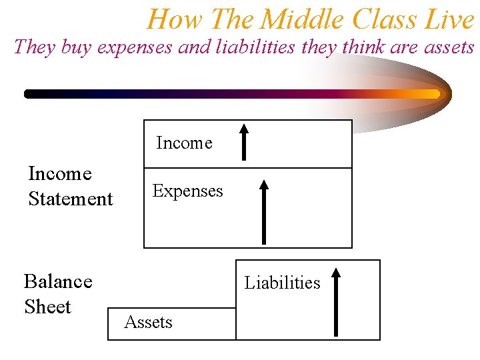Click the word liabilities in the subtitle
point(252,47)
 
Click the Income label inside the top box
point(184,143)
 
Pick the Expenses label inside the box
point(187,191)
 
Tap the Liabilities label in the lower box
point(282,283)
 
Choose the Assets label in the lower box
point(148,323)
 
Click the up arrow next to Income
point(245,141)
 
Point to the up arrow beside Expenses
point(264,211)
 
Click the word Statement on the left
point(71,199)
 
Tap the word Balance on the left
point(58,281)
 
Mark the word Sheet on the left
point(47,307)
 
